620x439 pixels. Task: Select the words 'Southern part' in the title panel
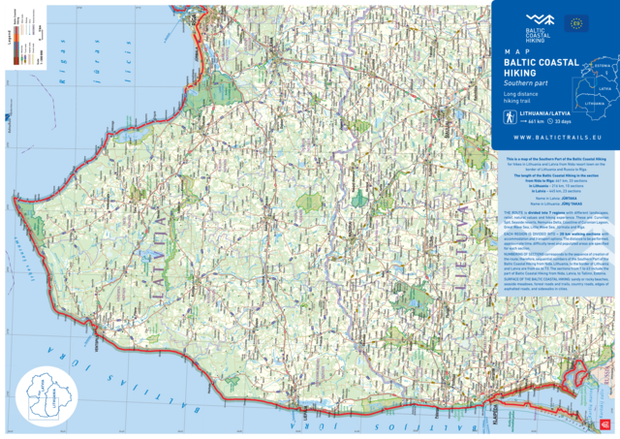(x=523, y=81)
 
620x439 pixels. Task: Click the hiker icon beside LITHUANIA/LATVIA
(x=509, y=118)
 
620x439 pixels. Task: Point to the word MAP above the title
(x=512, y=50)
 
